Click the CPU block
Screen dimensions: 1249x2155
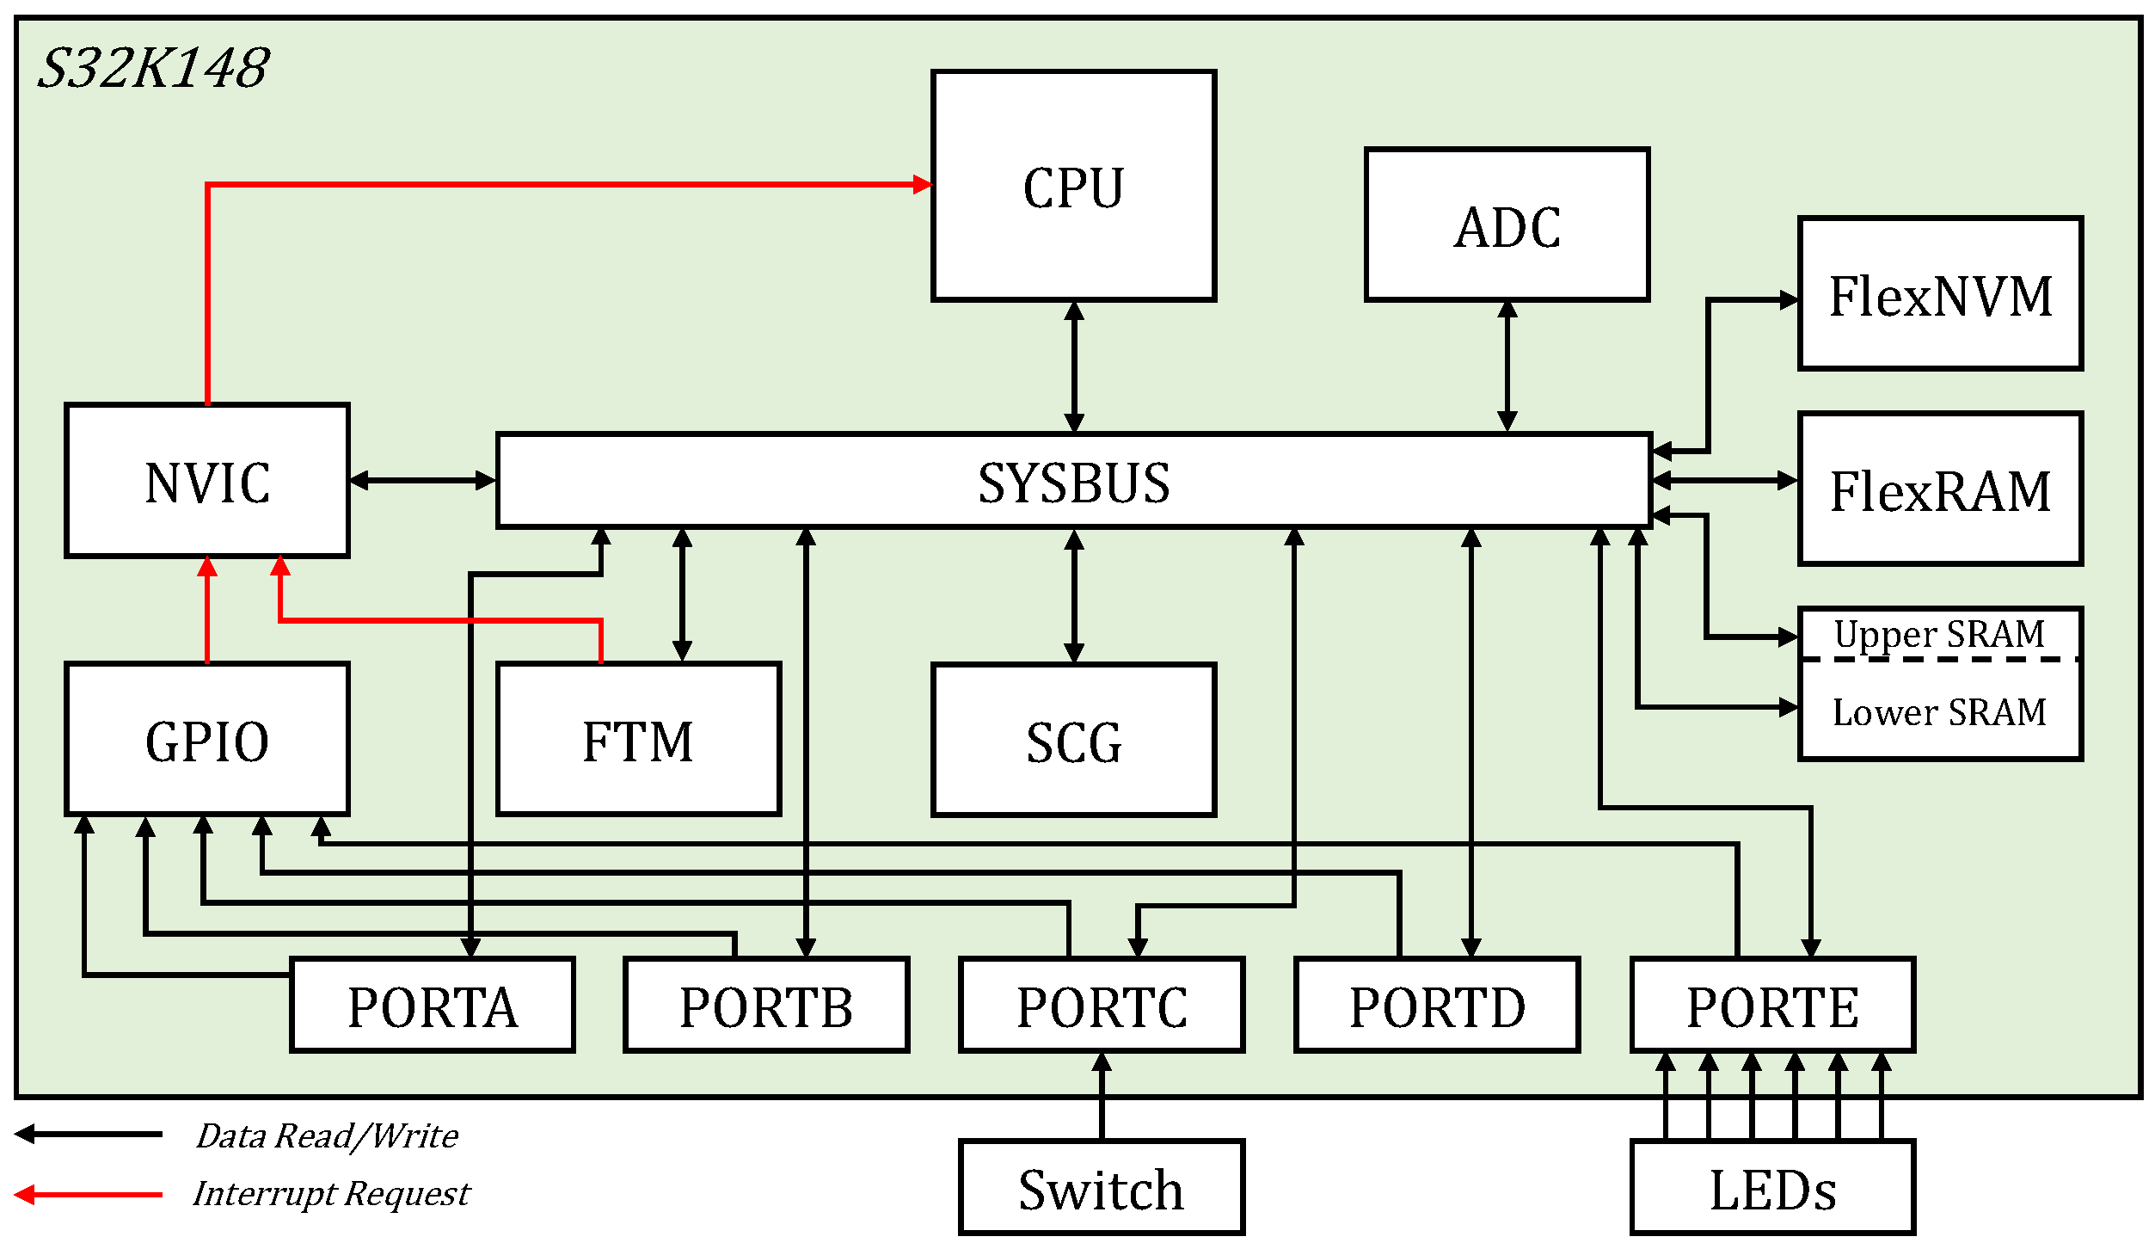[x=1073, y=186]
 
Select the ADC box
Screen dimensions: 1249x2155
[x=1507, y=225]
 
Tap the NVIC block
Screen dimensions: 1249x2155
[x=207, y=481]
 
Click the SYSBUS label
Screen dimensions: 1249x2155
[x=1073, y=483]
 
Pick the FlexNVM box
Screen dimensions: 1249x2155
[x=1940, y=294]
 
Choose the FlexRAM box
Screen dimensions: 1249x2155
[x=1940, y=489]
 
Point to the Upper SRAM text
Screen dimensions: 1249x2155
[x=1939, y=634]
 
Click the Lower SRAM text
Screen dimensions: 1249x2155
[x=1939, y=712]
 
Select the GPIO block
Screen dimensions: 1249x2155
[x=207, y=740]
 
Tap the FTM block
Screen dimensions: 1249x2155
[x=638, y=740]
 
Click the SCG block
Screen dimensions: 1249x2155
[x=1073, y=741]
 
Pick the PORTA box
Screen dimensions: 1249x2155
[x=433, y=1006]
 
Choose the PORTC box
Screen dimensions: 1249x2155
[x=1102, y=1006]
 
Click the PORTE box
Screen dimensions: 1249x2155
[x=1772, y=1006]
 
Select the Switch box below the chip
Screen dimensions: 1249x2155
[x=1102, y=1189]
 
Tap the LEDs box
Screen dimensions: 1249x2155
[x=1772, y=1189]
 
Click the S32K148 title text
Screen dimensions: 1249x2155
[x=153, y=68]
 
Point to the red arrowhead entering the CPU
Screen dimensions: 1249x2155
[x=923, y=184]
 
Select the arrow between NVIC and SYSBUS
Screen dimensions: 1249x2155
[x=422, y=481]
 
